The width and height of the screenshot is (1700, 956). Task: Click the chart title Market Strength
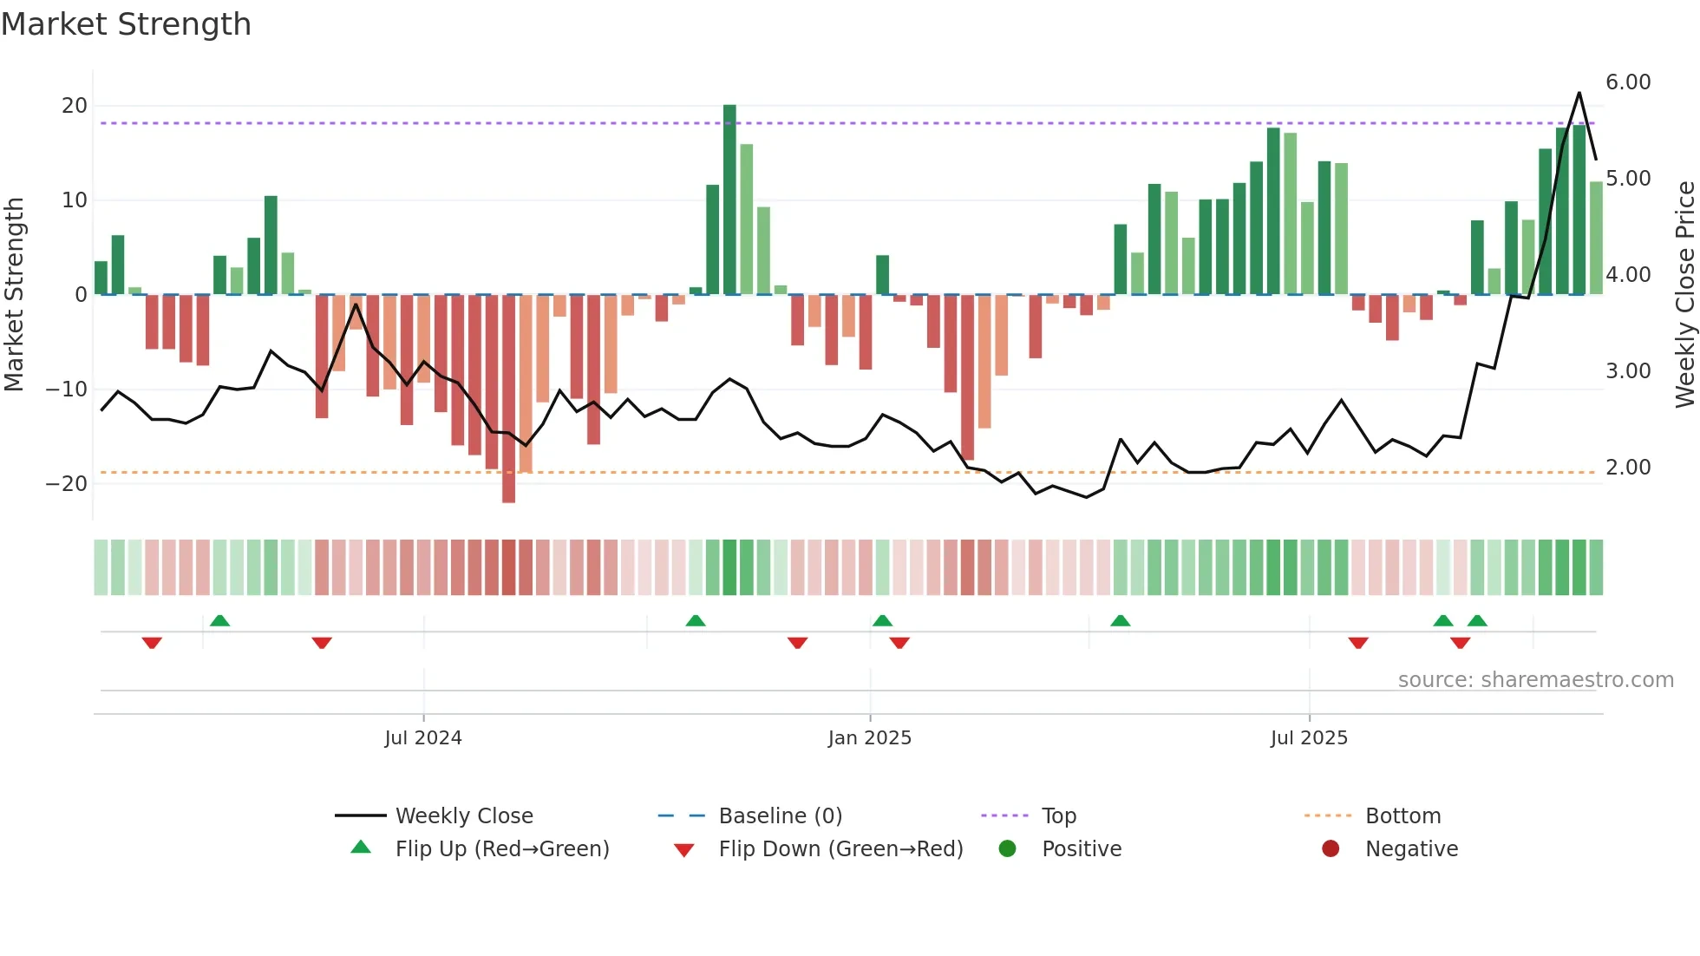point(126,24)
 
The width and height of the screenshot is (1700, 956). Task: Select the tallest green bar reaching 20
point(729,200)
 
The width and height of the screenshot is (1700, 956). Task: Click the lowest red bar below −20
point(508,399)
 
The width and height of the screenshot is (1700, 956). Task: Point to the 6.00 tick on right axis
point(1627,82)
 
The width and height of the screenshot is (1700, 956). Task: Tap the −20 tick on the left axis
point(67,484)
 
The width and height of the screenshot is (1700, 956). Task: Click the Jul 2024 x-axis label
point(423,738)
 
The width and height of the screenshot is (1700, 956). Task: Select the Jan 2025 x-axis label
point(869,738)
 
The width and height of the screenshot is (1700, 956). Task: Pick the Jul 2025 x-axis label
point(1309,738)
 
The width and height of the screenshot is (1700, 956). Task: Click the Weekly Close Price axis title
point(1684,295)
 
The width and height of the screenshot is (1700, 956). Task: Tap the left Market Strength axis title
point(15,295)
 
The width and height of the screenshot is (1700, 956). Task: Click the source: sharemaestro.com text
point(1535,680)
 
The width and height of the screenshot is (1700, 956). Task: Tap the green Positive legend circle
point(1007,849)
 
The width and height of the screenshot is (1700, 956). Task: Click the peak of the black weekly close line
point(1579,93)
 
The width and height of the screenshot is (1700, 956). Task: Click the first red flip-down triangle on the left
point(152,643)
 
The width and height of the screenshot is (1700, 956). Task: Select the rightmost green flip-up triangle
point(1477,621)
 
